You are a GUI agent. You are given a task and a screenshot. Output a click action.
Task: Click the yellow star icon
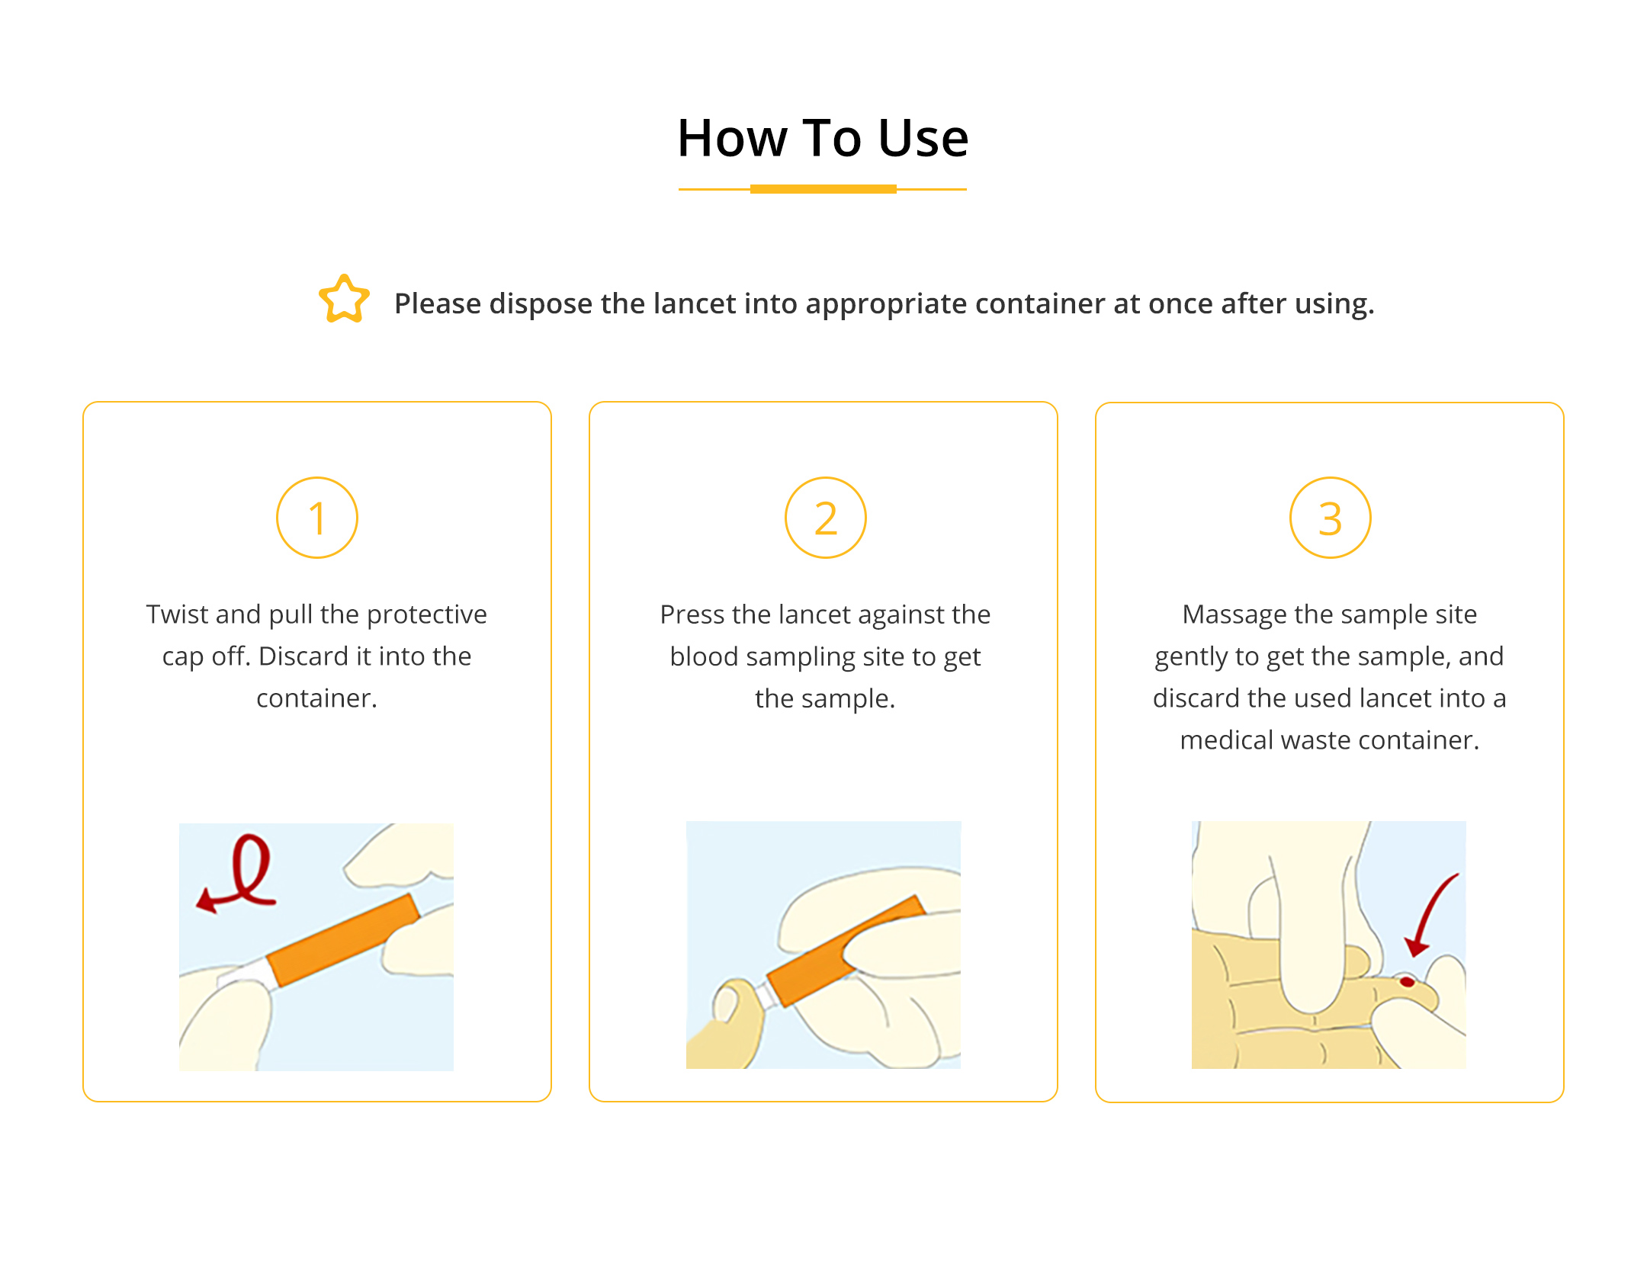pos(344,299)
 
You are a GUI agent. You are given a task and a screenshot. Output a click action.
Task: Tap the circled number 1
pos(317,518)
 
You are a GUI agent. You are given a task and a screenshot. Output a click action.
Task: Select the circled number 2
pos(826,518)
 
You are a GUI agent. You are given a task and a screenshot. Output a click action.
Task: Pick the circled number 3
pos(1331,518)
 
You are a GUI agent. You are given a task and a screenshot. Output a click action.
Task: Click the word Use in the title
pos(923,139)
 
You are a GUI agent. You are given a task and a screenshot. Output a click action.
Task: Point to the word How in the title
pos(733,139)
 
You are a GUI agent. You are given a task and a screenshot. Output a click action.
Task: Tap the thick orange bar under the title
pos(823,189)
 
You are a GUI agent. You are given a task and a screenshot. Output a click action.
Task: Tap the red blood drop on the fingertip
pos(1408,982)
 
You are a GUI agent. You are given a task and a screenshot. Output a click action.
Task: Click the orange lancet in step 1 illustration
pos(342,940)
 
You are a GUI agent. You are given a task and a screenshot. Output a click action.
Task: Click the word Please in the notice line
pos(438,303)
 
